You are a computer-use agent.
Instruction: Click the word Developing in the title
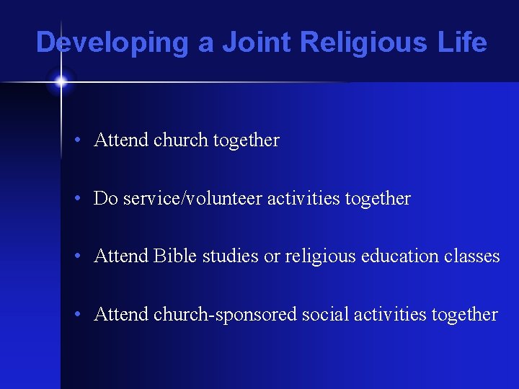pos(112,43)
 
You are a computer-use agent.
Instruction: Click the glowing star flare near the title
pos(61,82)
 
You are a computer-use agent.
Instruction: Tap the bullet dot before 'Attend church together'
pos(85,140)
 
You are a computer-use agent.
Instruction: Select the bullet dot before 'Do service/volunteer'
pos(85,199)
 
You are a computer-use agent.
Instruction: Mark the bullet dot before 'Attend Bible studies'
pos(85,256)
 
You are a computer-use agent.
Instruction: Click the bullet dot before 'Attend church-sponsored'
pos(85,315)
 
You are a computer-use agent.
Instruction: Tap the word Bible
pos(172,256)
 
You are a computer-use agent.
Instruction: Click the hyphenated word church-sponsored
pos(226,315)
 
